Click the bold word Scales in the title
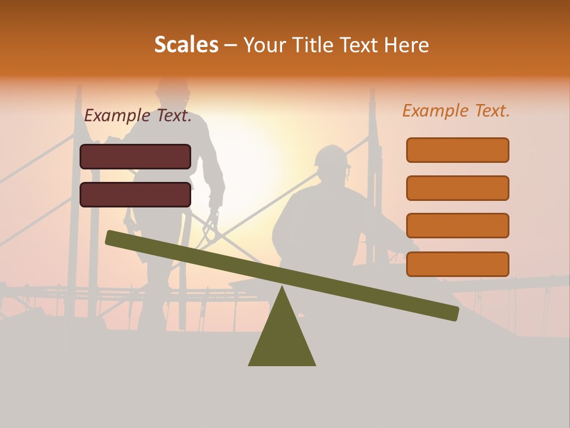coord(186,45)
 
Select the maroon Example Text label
coord(138,116)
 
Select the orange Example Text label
coord(456,111)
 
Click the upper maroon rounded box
coord(135,156)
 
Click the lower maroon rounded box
coord(135,194)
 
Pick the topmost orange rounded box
coord(457,150)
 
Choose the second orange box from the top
coord(457,188)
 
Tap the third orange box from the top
coord(457,226)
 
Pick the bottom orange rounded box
coord(457,264)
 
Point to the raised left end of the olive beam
coord(113,238)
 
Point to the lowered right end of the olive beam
coord(451,313)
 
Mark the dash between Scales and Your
coord(230,45)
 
